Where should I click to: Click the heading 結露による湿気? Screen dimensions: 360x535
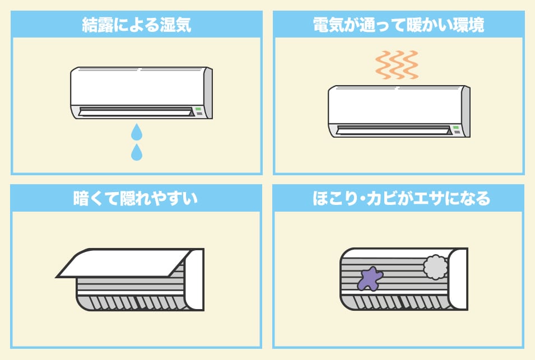[x=137, y=25]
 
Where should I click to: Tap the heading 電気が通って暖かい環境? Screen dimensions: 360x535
[x=398, y=25]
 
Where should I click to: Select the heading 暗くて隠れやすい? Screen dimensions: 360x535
[x=136, y=199]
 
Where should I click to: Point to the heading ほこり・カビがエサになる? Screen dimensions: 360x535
[x=398, y=199]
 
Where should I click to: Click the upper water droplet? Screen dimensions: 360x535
[x=136, y=133]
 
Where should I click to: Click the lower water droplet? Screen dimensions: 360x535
[x=136, y=152]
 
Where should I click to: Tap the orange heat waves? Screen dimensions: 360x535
[x=397, y=64]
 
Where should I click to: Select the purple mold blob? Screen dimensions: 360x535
[x=370, y=278]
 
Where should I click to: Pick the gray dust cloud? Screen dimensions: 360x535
[x=435, y=267]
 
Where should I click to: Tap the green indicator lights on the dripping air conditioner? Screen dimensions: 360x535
[x=198, y=110]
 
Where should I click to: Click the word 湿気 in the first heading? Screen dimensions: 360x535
[x=175, y=25]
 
